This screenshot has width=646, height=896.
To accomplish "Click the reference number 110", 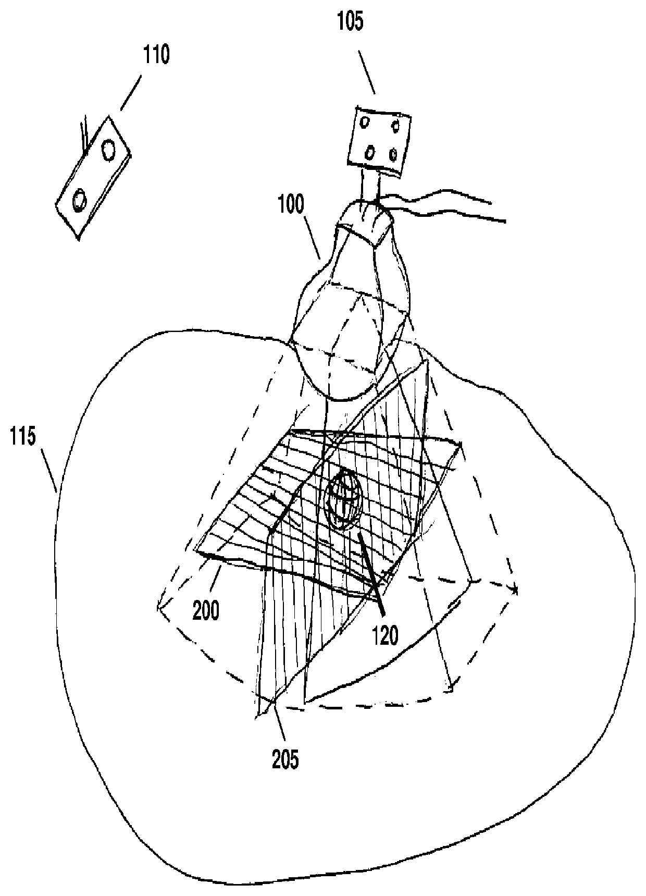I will pyautogui.click(x=157, y=55).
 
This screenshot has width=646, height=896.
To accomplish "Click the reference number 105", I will pyautogui.click(x=351, y=23).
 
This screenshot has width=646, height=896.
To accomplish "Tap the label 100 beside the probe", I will pyautogui.click(x=291, y=205).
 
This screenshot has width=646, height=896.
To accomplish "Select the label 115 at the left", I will pyautogui.click(x=24, y=437).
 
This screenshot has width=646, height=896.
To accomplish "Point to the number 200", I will pyautogui.click(x=206, y=609).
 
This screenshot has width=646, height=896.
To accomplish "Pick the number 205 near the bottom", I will pyautogui.click(x=287, y=759).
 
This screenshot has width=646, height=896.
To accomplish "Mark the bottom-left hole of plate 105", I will pyautogui.click(x=369, y=153).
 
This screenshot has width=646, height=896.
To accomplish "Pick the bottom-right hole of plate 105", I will pyautogui.click(x=393, y=154).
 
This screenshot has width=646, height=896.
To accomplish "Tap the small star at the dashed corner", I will pyautogui.click(x=516, y=591).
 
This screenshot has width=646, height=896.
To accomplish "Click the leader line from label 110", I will pyautogui.click(x=131, y=93).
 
